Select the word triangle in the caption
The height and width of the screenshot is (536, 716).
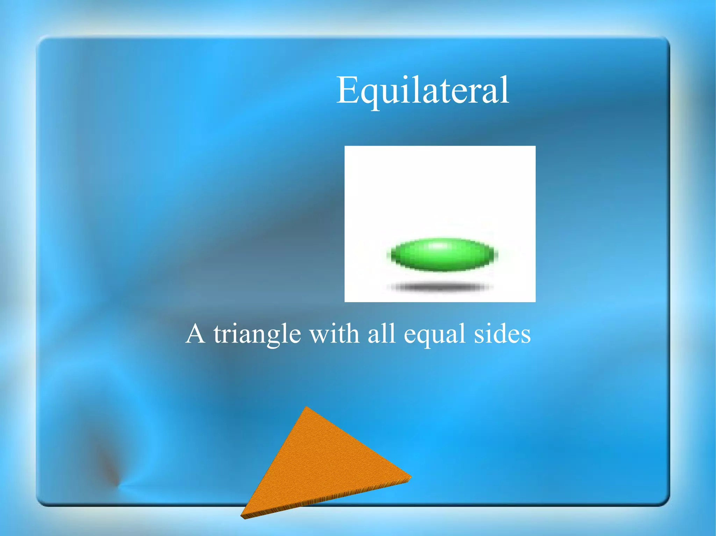257,335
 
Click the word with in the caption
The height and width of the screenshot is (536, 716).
334,334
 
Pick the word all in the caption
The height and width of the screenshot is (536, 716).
381,334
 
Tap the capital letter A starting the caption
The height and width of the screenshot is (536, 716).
195,334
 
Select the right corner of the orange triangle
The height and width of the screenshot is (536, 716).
410,476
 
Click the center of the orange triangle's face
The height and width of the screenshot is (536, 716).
320,464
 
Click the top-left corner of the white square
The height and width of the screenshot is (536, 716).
345,147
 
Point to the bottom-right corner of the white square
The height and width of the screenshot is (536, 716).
535,301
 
